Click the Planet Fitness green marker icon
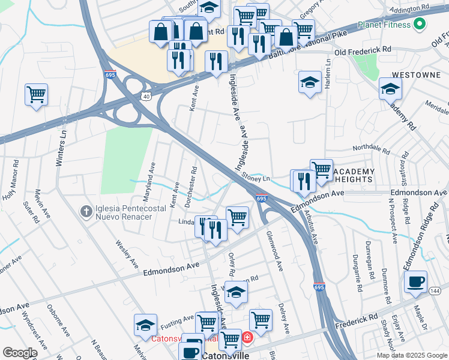(x=420, y=25)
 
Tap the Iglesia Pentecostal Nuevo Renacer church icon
(x=86, y=211)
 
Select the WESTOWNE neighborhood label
(x=412, y=75)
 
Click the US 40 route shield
(x=146, y=95)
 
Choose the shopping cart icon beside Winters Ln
(x=36, y=94)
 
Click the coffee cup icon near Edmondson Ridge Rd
(x=415, y=282)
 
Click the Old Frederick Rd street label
(x=363, y=52)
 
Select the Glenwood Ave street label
(x=274, y=251)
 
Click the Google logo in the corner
(x=20, y=352)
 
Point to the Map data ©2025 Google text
(x=411, y=355)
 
